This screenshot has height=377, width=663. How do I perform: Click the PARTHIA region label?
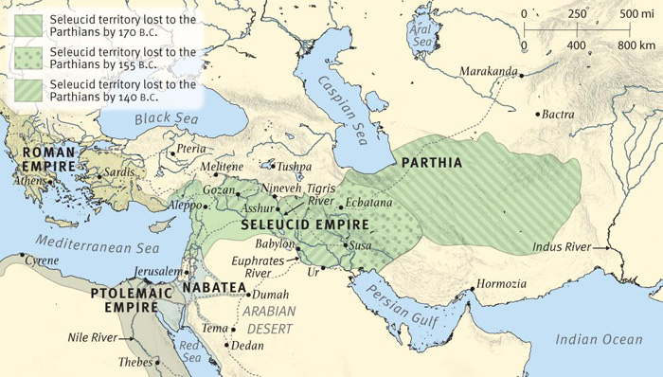coord(432,163)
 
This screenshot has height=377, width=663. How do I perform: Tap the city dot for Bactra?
coord(539,116)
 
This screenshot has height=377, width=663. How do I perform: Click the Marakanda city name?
coord(490,72)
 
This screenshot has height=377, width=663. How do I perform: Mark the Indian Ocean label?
coord(598,338)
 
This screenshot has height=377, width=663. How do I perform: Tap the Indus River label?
coord(557,247)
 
